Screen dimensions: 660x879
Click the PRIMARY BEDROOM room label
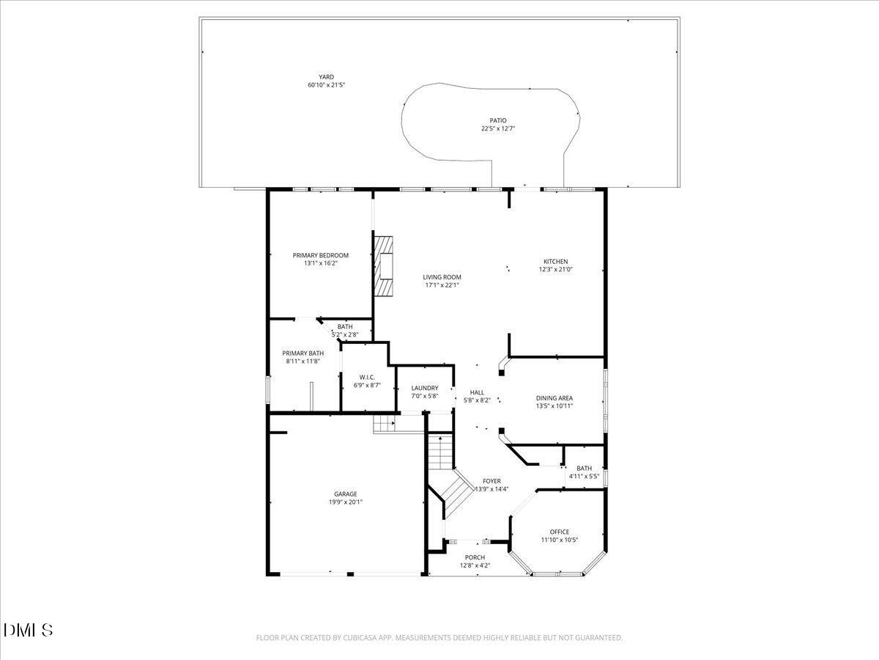tap(320, 255)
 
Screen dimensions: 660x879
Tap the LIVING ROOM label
tap(442, 277)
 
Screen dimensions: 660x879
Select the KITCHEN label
tap(555, 262)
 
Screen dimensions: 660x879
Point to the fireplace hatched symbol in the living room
tap(384, 265)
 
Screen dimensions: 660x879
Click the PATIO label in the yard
tap(498, 121)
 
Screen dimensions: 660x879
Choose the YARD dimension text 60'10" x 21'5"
tap(326, 85)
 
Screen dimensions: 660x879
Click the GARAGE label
tap(346, 494)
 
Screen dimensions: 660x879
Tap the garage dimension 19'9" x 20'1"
tap(346, 502)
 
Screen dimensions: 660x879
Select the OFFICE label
tap(559, 532)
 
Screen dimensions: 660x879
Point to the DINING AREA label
tap(555, 398)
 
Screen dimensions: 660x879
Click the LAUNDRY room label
tap(425, 388)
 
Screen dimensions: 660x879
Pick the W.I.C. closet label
tap(367, 377)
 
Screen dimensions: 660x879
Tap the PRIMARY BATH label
tap(303, 353)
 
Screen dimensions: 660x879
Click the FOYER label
tap(492, 481)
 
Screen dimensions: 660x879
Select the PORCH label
tap(475, 557)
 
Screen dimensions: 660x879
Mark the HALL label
tap(477, 392)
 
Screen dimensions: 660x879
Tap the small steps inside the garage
tap(385, 424)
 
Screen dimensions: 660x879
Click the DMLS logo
tap(29, 630)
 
